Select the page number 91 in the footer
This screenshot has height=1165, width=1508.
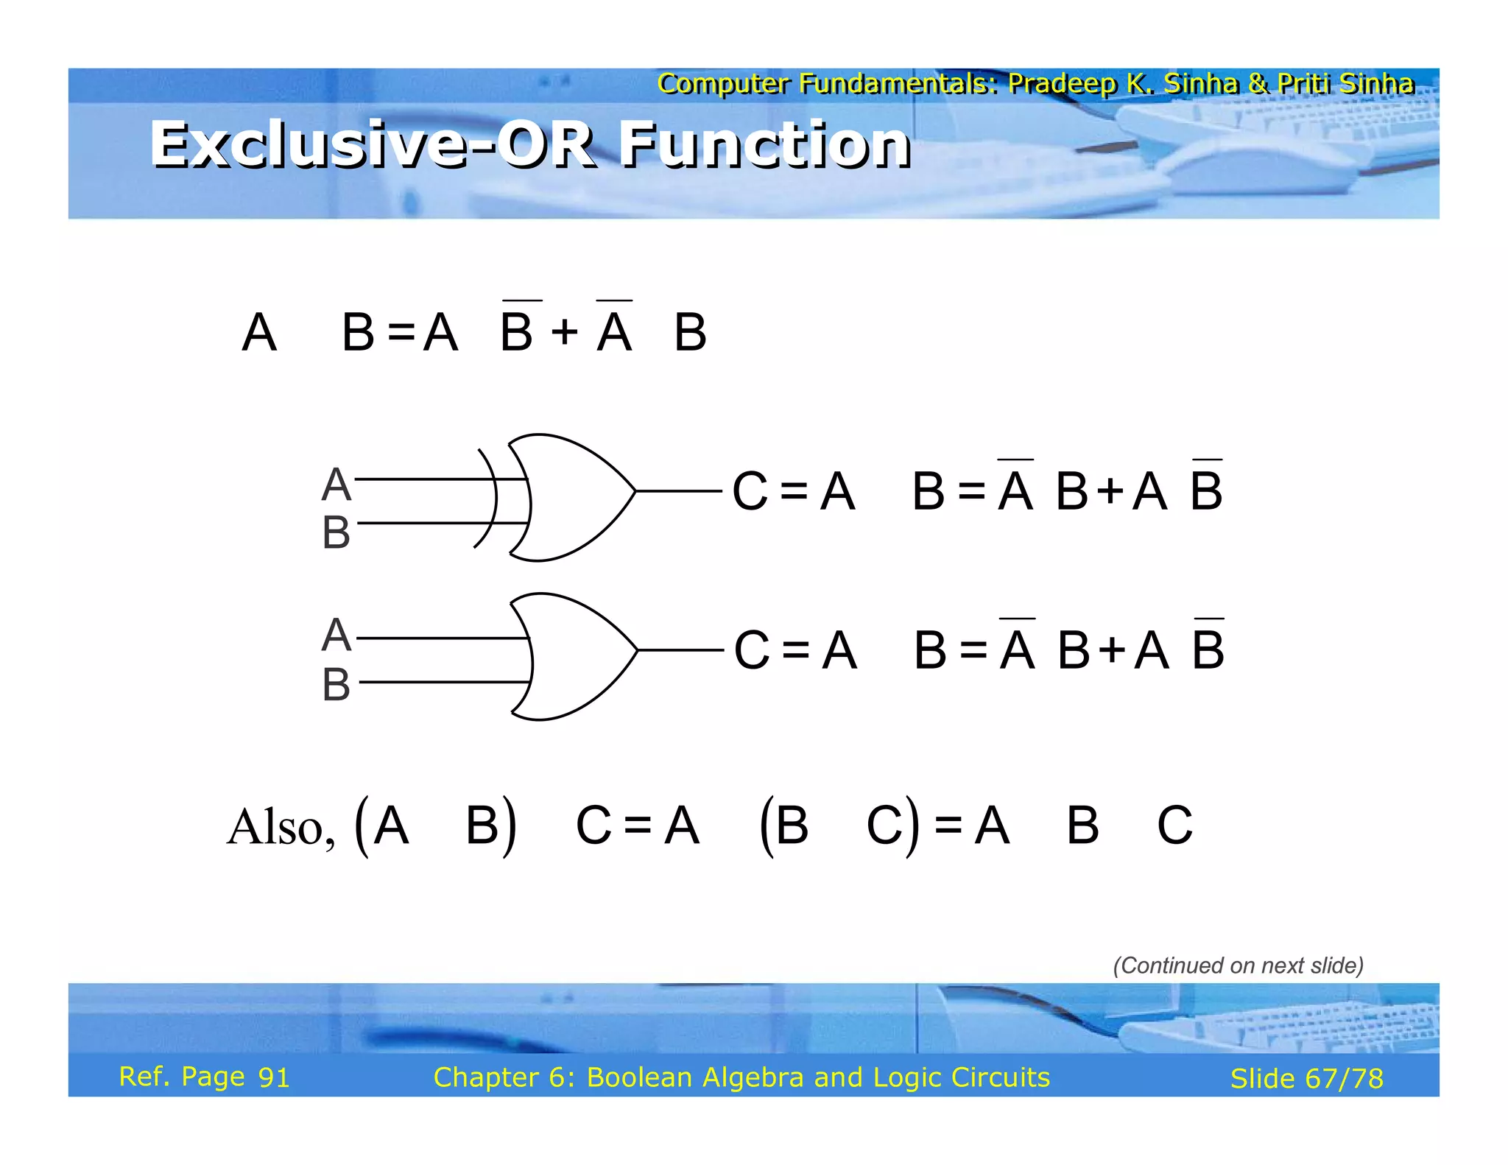click(273, 1077)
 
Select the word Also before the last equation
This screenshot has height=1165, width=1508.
click(279, 827)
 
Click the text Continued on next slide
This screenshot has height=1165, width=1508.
click(1238, 965)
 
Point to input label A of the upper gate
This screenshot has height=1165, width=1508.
click(336, 485)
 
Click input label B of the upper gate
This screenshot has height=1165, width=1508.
click(336, 532)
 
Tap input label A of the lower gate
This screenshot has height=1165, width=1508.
click(336, 636)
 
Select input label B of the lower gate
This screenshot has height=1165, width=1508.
click(336, 684)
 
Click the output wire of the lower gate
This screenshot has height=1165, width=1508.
click(680, 650)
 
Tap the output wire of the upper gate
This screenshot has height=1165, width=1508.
click(678, 490)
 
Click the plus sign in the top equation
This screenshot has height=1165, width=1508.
click(564, 332)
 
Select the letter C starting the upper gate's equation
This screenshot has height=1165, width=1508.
click(750, 491)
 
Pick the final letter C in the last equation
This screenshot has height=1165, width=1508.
click(1174, 826)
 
